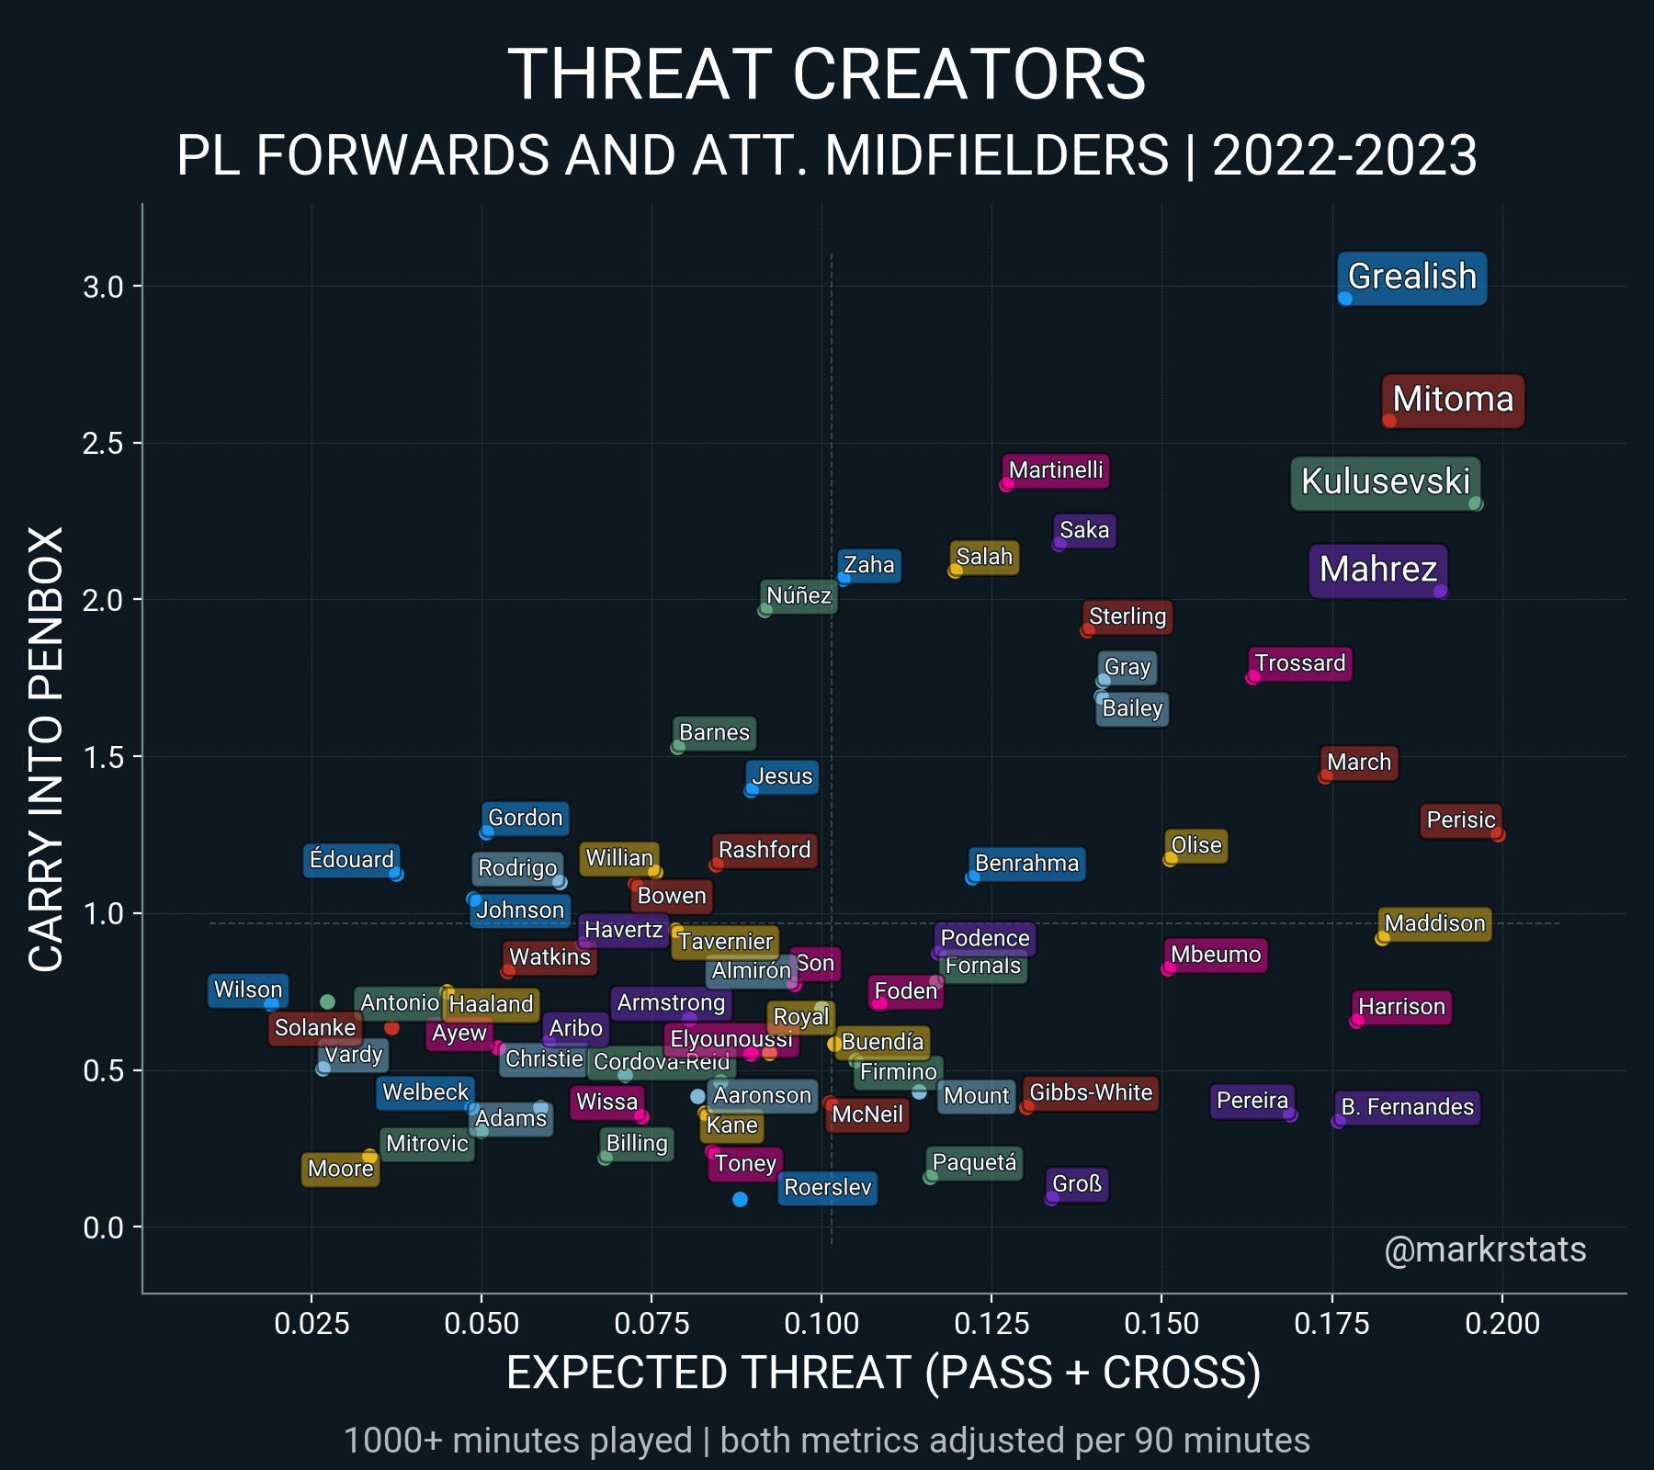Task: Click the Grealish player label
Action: (x=1411, y=277)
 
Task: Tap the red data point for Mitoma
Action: (x=1389, y=421)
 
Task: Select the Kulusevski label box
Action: (x=1385, y=481)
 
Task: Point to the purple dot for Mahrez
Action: (x=1440, y=592)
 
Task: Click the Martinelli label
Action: (x=1055, y=470)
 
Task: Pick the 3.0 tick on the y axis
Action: (x=103, y=287)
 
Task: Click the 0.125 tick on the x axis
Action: (x=991, y=1323)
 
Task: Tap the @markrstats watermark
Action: (x=1485, y=1249)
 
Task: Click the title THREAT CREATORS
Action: (x=826, y=74)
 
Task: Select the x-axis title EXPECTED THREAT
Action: (x=882, y=1373)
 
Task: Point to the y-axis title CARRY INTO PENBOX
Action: (x=46, y=748)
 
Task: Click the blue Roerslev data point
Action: (x=740, y=1199)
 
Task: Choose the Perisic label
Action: (x=1460, y=820)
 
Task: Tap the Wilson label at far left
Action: (x=248, y=989)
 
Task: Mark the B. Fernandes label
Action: (x=1407, y=1107)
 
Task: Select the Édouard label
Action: (x=351, y=860)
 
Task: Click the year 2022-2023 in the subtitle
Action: (x=1344, y=155)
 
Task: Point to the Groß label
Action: (x=1076, y=1184)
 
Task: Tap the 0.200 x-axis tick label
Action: (x=1502, y=1323)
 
